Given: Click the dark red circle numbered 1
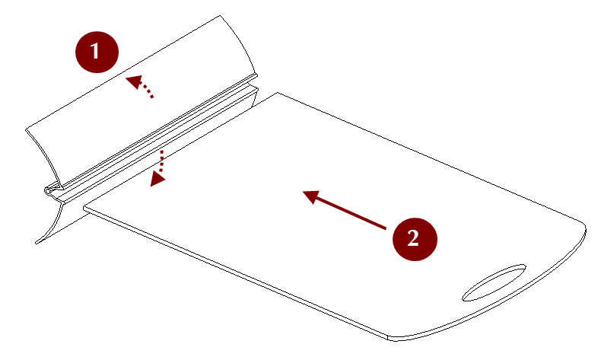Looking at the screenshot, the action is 97,52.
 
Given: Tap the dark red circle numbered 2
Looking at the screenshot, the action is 415,239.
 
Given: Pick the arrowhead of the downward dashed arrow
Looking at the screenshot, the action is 157,179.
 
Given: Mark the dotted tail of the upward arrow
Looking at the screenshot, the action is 147,90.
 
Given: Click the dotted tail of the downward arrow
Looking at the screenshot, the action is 162,161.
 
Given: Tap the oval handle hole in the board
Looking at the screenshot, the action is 494,283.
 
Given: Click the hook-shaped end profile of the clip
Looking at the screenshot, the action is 54,191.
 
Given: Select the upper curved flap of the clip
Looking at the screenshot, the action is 142,100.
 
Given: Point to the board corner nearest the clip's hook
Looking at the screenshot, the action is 84,209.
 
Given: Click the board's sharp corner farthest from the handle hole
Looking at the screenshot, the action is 277,92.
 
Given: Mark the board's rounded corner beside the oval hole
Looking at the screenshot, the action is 582,228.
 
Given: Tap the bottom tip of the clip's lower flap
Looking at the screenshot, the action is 37,243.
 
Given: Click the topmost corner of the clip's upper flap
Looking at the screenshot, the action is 220,16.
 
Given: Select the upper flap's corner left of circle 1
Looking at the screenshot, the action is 26,130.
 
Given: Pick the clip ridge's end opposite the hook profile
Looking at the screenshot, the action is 257,82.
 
